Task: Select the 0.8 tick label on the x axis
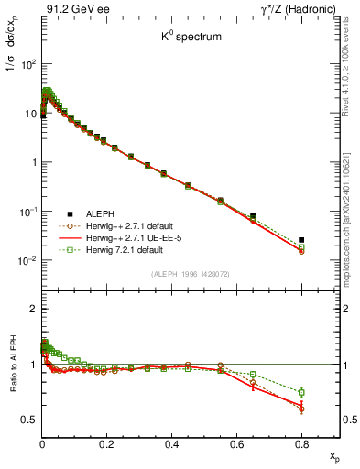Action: click(x=301, y=444)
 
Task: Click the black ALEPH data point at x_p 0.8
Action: click(x=301, y=240)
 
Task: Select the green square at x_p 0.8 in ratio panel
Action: click(x=301, y=392)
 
